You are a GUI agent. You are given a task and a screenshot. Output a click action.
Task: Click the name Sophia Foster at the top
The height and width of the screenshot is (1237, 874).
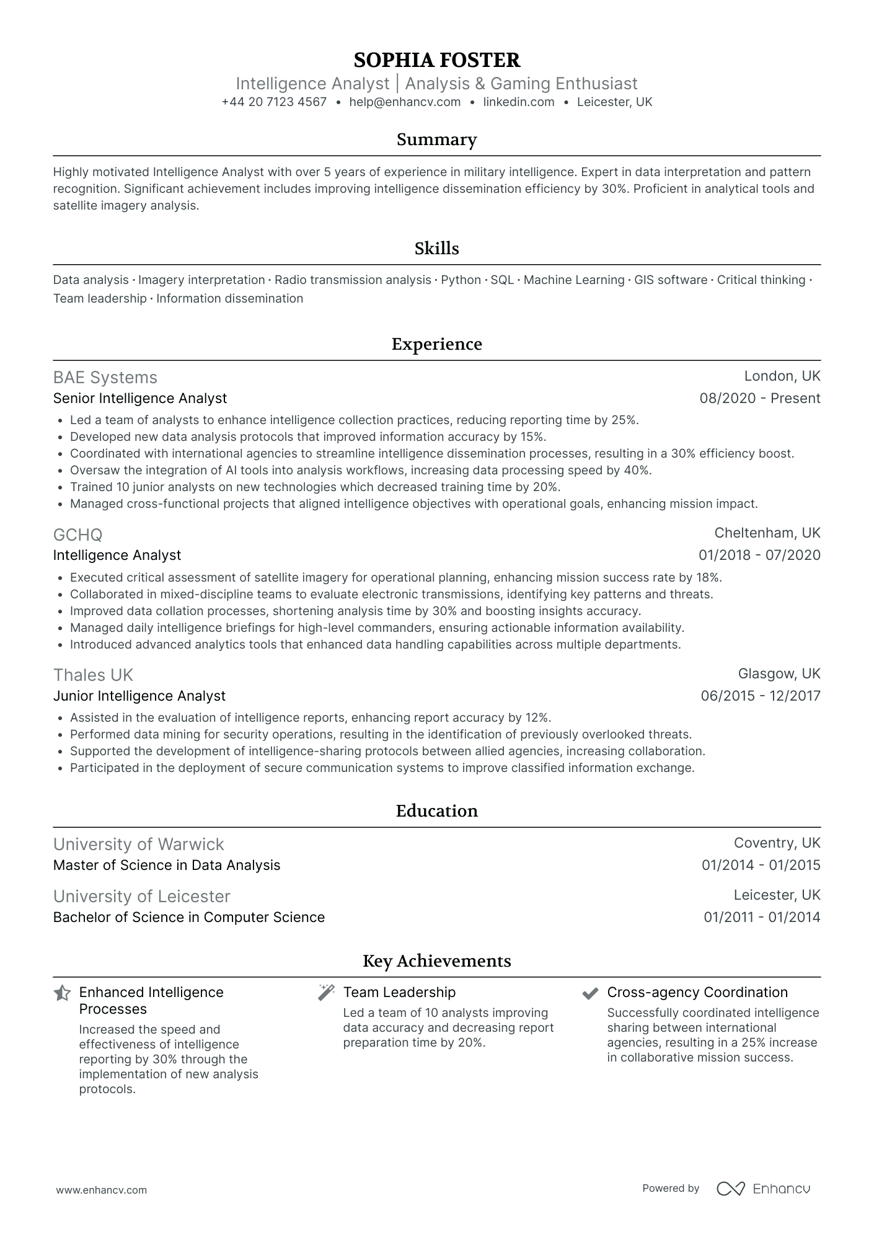click(436, 60)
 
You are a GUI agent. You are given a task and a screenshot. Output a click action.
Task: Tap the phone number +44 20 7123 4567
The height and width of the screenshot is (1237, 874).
click(274, 102)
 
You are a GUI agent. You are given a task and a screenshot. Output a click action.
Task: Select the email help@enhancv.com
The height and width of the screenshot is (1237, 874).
click(405, 102)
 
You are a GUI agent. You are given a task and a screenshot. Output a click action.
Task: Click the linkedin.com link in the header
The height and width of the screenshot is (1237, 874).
click(519, 102)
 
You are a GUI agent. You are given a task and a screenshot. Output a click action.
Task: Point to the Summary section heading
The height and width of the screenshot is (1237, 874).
click(436, 140)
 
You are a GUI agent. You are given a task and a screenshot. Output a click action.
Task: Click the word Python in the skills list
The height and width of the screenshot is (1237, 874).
click(461, 280)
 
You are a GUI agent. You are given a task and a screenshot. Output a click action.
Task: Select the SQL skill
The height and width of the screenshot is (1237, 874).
click(502, 280)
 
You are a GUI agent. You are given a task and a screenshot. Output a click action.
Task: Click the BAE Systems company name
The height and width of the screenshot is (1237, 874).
click(105, 378)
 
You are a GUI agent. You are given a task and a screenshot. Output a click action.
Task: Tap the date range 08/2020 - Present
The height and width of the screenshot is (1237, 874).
click(759, 399)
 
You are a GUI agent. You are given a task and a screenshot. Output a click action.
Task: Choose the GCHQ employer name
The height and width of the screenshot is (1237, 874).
click(78, 534)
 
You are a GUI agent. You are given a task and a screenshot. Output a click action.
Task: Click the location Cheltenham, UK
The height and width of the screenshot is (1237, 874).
click(767, 533)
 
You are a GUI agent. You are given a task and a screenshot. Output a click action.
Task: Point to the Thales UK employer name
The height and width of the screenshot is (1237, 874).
click(93, 675)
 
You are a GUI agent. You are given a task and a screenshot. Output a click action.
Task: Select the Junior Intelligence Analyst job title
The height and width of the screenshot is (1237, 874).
click(139, 696)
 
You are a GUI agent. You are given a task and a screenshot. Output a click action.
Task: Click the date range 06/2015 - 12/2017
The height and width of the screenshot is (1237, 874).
click(760, 696)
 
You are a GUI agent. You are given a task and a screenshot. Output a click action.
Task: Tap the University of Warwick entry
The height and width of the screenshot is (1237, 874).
click(138, 845)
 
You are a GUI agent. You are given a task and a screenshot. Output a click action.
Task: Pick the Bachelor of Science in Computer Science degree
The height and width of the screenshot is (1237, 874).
click(189, 918)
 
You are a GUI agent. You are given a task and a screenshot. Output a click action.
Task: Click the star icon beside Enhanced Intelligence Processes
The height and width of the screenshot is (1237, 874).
click(62, 993)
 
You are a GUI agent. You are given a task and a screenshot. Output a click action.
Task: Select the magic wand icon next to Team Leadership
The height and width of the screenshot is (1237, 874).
click(325, 993)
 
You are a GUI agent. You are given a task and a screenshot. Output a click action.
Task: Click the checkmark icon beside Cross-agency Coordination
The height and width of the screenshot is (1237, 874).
click(589, 993)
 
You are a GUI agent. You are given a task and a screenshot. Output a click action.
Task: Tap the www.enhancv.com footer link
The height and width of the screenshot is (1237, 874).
click(102, 1190)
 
